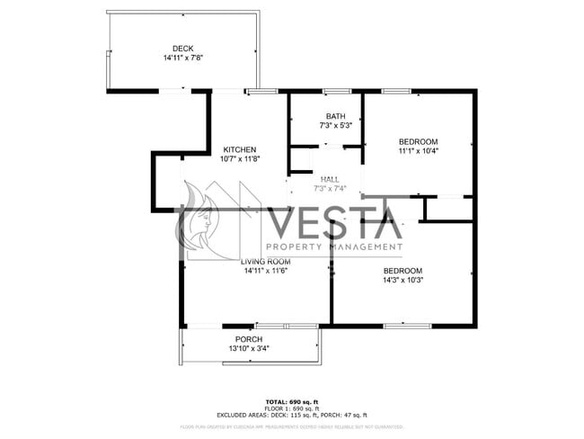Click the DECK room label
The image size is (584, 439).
[182, 49]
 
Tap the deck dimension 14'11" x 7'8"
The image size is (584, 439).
[182, 58]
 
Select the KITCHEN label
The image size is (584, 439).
[240, 149]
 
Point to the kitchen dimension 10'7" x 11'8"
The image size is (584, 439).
[240, 159]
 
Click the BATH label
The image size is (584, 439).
[335, 116]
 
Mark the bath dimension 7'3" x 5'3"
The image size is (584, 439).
[335, 126]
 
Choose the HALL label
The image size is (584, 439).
[330, 179]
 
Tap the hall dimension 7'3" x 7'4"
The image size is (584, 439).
[330, 189]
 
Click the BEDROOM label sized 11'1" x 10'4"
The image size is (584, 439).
[418, 141]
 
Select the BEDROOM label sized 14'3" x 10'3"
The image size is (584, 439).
[403, 270]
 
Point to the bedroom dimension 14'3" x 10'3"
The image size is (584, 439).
[403, 280]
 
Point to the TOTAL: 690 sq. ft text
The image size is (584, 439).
[292, 401]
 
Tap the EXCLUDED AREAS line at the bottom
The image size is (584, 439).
[292, 415]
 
